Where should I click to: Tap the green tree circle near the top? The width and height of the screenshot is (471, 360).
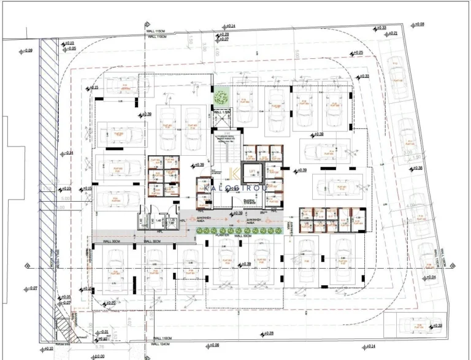[220, 97]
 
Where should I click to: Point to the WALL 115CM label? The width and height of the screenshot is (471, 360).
[156, 30]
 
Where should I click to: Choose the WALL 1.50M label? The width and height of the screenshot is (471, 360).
[221, 112]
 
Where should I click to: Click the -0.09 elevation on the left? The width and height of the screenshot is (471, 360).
[29, 51]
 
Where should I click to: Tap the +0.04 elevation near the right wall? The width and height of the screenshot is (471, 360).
[431, 278]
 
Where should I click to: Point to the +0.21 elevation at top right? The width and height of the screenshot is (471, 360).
[392, 33]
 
